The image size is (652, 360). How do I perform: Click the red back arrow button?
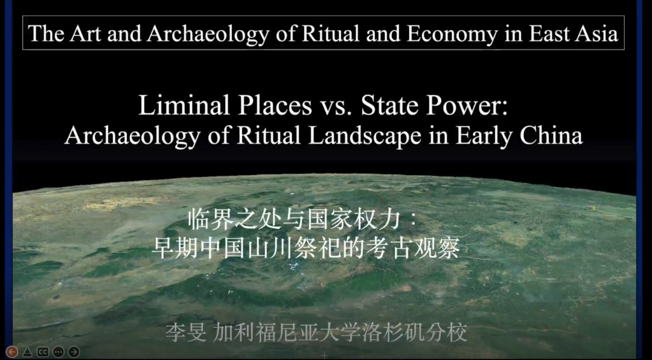11,352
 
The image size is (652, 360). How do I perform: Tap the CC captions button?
43,352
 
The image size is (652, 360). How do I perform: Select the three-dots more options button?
58,352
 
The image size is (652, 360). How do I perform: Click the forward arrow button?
74,352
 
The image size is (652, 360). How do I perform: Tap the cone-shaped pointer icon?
27,352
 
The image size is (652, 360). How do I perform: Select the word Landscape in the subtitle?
364,137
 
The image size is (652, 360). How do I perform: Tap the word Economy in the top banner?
452,34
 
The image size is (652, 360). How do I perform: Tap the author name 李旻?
185,333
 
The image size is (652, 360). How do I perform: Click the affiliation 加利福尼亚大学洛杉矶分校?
340,333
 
